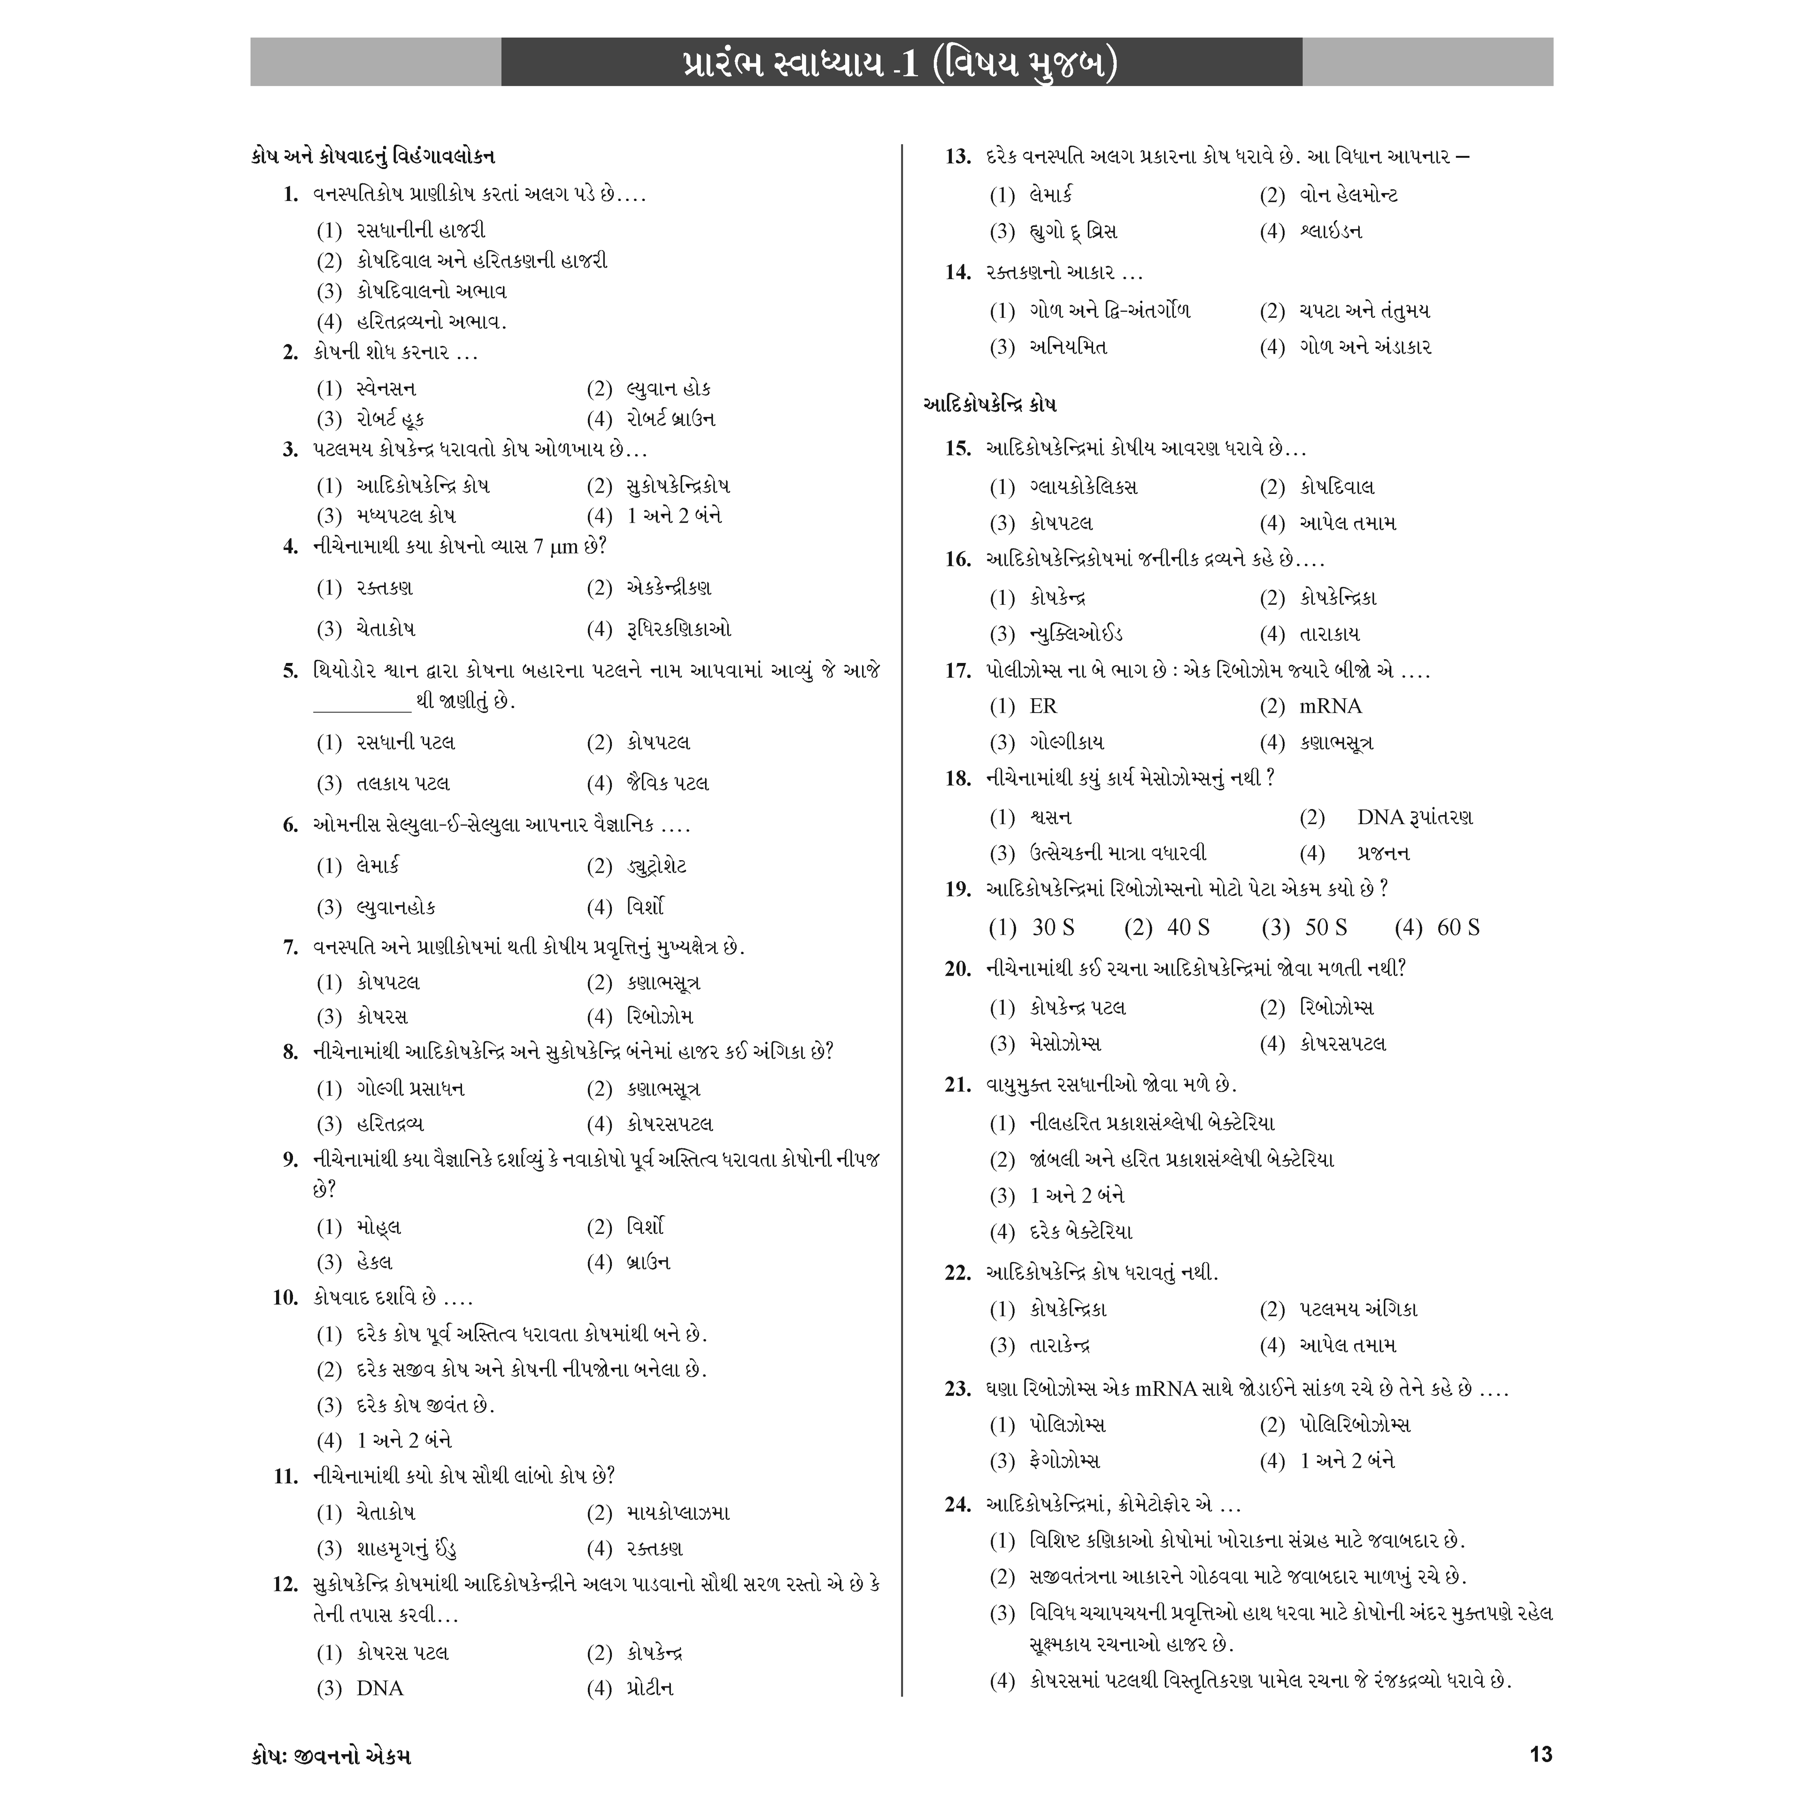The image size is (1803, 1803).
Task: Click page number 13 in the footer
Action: point(1541,1755)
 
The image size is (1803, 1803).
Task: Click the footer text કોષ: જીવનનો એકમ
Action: point(331,1756)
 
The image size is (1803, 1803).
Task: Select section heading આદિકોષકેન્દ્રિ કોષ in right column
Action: point(989,405)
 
